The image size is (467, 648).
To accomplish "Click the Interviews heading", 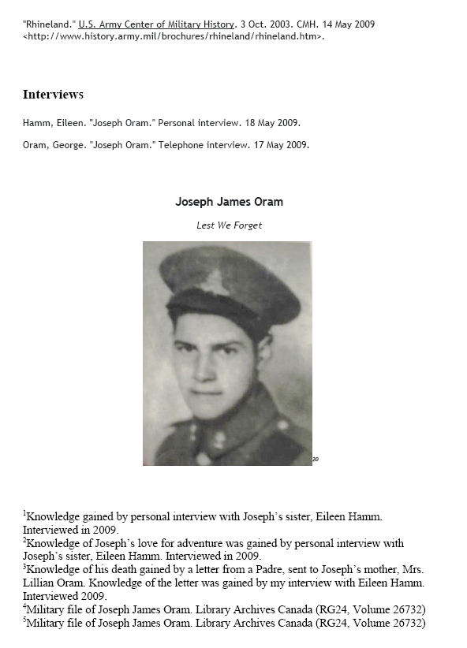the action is pyautogui.click(x=53, y=95).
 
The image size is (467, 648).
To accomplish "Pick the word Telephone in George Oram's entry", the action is pyautogui.click(x=180, y=144).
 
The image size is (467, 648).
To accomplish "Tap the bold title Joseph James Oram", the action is pyautogui.click(x=229, y=202).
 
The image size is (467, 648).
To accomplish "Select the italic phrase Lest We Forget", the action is pyautogui.click(x=229, y=225).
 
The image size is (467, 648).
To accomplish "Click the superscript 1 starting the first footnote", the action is pyautogui.click(x=24, y=512).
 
